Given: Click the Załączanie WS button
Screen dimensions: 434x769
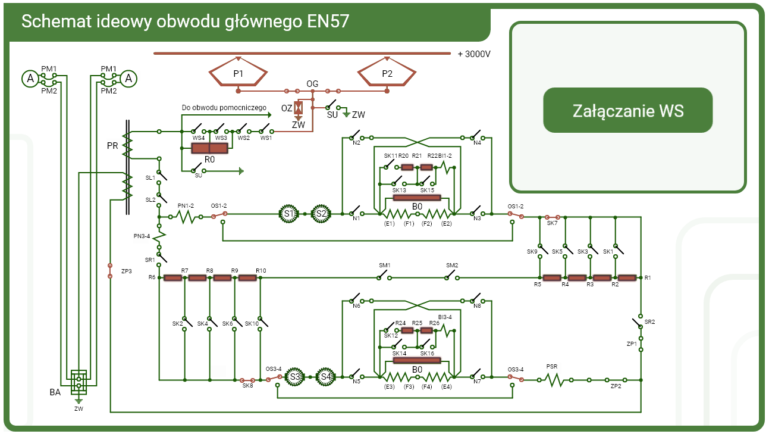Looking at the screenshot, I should click(x=627, y=111).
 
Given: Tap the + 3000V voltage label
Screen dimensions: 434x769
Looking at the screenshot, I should click(x=474, y=54).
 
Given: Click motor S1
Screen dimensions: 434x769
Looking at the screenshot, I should click(x=289, y=214).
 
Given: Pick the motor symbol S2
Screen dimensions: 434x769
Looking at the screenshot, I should click(x=321, y=214).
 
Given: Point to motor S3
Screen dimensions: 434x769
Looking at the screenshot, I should click(x=294, y=377).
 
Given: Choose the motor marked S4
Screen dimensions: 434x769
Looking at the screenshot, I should click(x=325, y=377).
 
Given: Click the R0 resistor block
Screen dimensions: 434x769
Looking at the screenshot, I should click(x=209, y=149).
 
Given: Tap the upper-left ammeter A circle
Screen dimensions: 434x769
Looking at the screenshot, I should click(x=29, y=78).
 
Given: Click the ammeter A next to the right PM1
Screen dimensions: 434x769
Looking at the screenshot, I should click(x=128, y=78).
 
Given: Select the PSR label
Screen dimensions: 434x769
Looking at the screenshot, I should click(x=552, y=367).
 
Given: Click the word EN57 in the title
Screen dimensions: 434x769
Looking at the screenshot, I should click(x=328, y=21).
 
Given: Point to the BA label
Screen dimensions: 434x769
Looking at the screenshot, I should click(x=55, y=393).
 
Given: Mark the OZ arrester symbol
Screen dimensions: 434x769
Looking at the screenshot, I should click(x=300, y=108).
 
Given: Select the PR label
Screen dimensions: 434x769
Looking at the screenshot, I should click(x=112, y=146).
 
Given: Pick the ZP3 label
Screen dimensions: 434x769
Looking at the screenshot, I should click(x=126, y=271).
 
